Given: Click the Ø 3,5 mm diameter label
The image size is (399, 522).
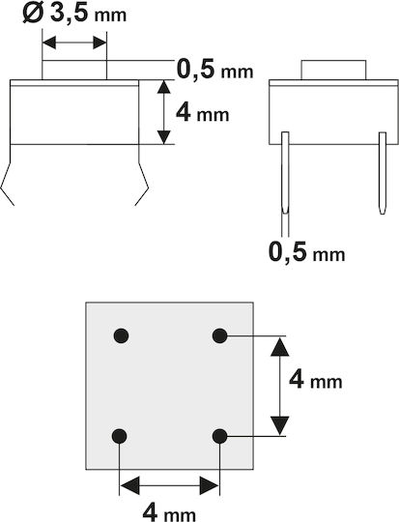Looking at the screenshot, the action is (74, 14).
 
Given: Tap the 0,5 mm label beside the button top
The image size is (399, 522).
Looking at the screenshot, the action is (215, 69).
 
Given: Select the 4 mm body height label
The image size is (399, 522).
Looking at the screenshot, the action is (202, 112).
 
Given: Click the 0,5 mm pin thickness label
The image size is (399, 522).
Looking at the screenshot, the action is (306, 251).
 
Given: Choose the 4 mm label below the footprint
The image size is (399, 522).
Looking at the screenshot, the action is (169, 512).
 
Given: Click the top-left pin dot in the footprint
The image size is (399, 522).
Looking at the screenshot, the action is (121, 335).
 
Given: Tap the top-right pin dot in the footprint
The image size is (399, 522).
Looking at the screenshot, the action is (219, 335).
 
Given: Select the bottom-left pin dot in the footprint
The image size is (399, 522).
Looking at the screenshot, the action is (120, 436).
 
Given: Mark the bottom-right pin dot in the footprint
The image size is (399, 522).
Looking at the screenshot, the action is (219, 436).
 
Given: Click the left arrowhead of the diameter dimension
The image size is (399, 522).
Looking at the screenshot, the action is (49, 43).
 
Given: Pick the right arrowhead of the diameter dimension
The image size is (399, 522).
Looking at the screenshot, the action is (100, 43).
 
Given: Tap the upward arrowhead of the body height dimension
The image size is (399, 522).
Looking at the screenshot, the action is (163, 87).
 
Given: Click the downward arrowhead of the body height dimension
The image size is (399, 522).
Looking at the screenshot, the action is (163, 137).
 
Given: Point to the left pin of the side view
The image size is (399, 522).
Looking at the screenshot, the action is (285, 173).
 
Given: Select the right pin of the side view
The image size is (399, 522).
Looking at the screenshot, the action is (383, 173).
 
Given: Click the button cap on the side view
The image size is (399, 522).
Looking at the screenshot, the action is (333, 70).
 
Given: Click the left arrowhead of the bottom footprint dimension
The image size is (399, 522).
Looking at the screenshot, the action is (129, 485).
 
